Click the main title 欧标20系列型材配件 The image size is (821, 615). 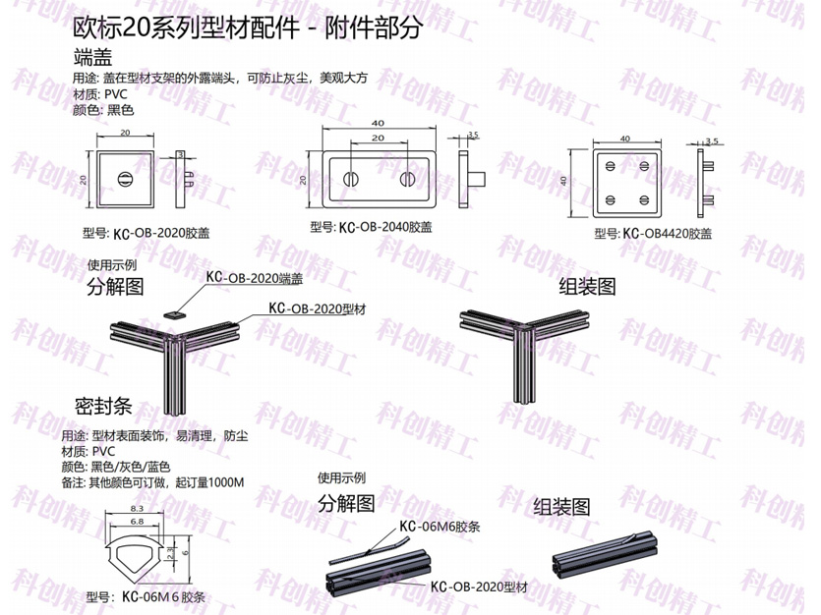click(187, 28)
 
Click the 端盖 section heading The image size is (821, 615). click(92, 56)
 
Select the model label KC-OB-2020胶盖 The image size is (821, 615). click(147, 233)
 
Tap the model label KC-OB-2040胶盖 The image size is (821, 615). click(371, 227)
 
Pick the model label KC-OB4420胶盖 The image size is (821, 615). click(653, 233)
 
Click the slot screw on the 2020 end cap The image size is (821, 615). click(125, 179)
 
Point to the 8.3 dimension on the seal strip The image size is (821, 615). click(137, 508)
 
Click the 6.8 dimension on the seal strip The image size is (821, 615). click(137, 522)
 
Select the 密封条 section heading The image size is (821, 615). click(103, 407)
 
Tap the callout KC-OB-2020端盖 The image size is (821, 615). click(255, 278)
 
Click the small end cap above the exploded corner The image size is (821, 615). click(174, 314)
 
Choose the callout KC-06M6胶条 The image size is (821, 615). click(440, 527)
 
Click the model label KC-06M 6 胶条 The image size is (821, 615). click(163, 596)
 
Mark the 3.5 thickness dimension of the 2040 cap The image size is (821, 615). click(473, 135)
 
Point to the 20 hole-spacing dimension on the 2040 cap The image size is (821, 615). click(378, 139)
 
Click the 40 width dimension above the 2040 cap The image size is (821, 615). click(378, 124)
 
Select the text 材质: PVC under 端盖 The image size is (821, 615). click(100, 94)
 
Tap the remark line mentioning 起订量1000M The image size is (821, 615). click(152, 482)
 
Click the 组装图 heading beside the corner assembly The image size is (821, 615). click(587, 286)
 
